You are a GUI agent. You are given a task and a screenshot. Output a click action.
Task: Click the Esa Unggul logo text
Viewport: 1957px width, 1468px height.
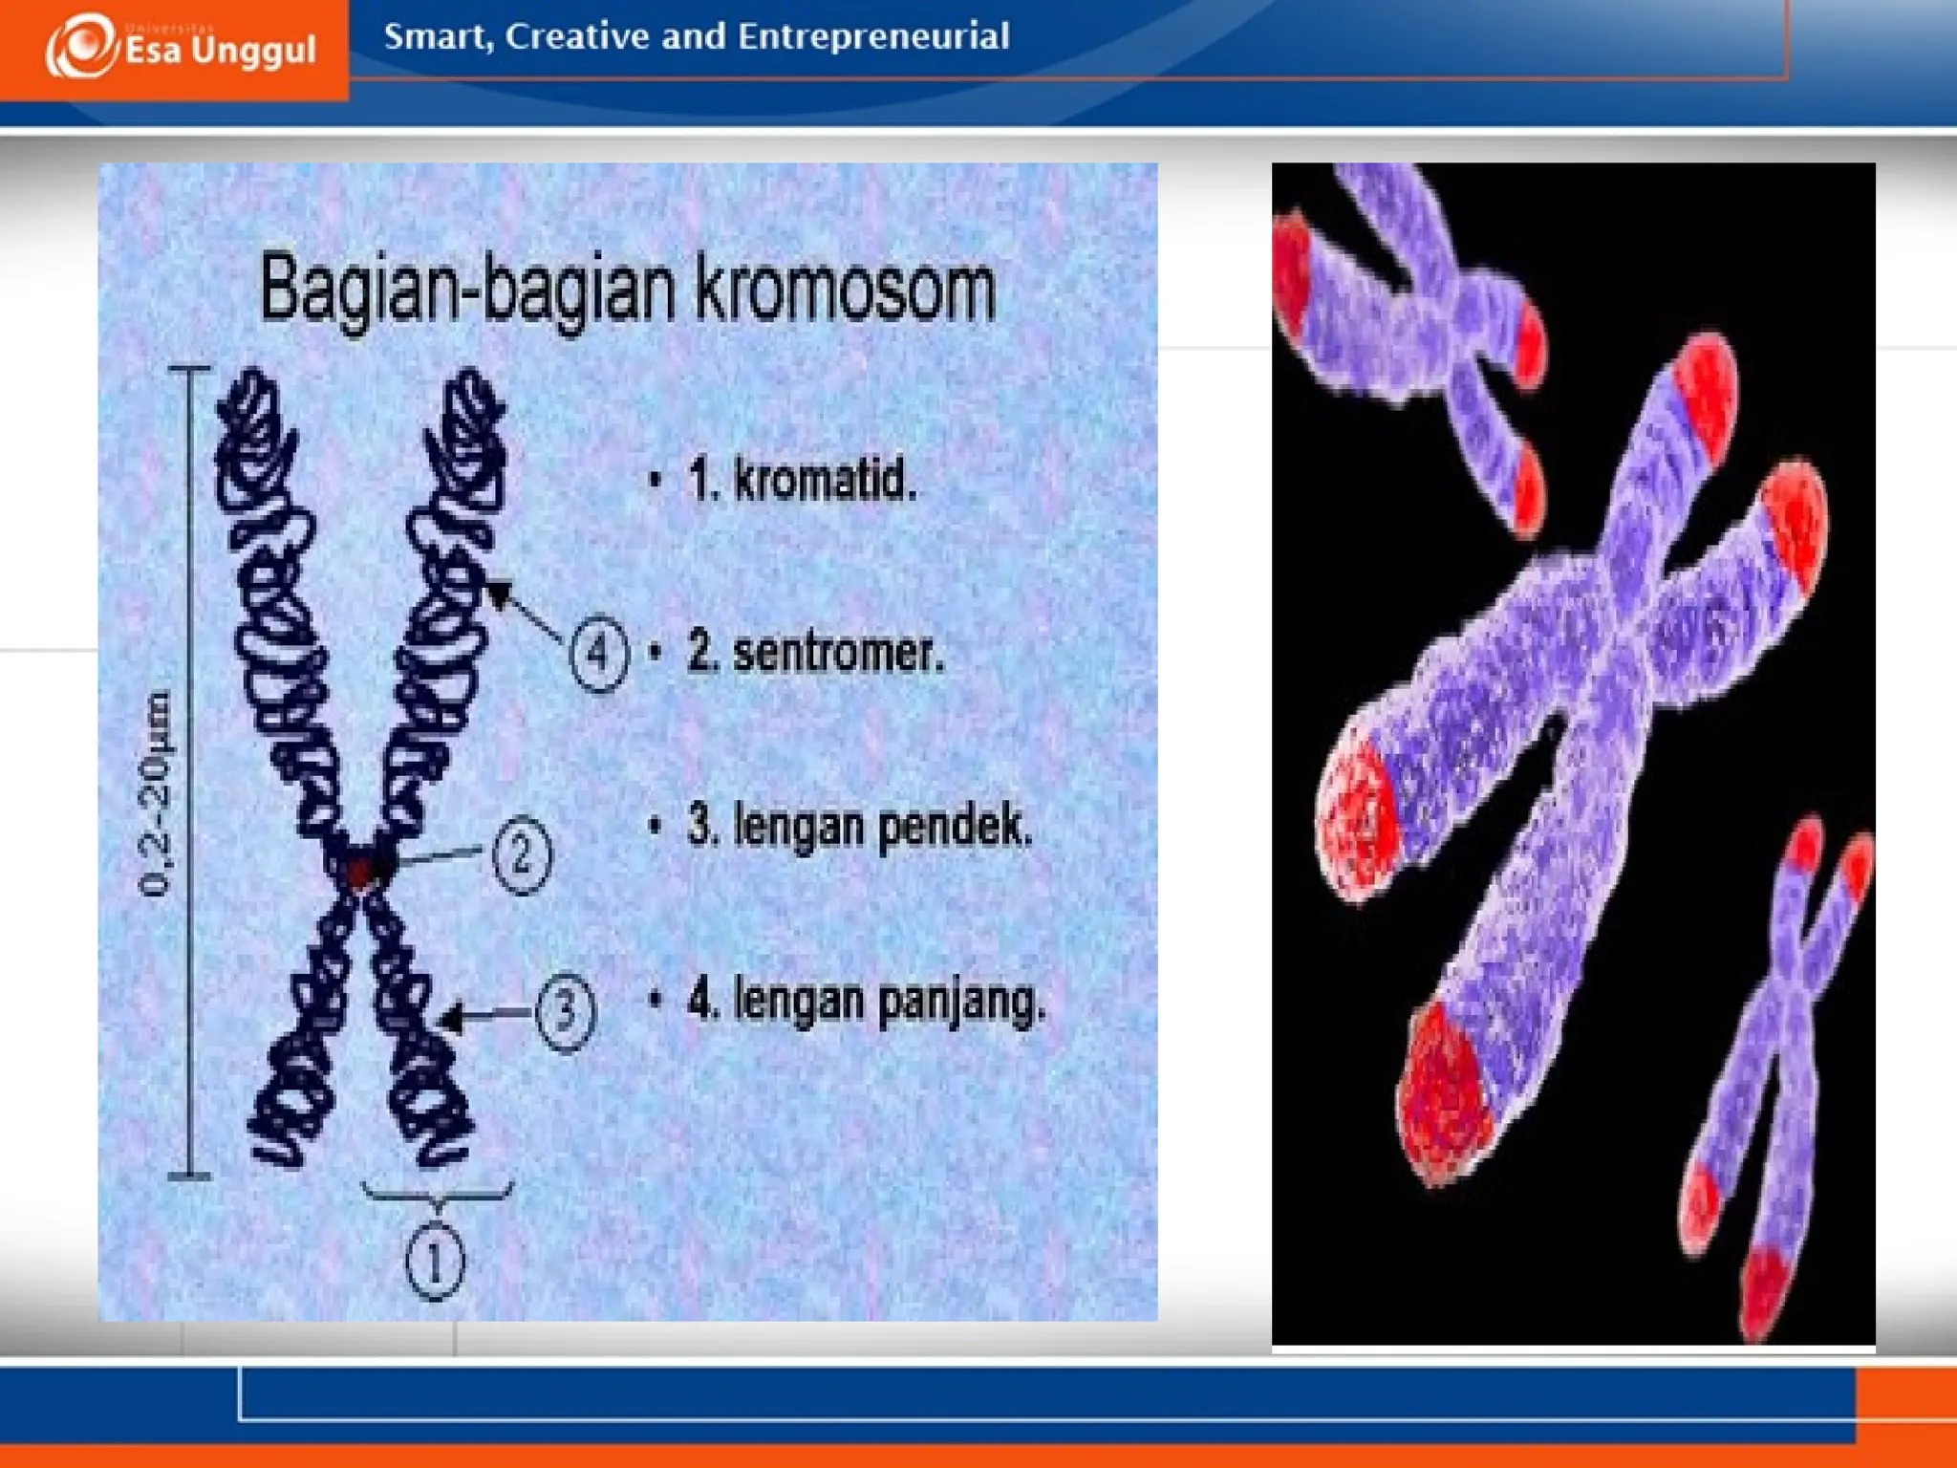[x=220, y=50]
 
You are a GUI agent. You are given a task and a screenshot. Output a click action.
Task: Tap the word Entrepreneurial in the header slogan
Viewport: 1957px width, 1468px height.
[x=872, y=36]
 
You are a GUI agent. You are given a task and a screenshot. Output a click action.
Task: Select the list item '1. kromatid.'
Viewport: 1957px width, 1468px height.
[x=801, y=480]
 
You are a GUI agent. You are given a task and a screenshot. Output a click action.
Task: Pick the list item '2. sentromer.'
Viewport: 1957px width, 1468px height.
[x=814, y=653]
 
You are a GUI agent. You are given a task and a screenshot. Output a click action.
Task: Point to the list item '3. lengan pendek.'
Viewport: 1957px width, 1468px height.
[x=858, y=826]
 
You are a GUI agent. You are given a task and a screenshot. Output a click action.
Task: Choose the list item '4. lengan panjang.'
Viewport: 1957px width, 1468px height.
[x=866, y=1001]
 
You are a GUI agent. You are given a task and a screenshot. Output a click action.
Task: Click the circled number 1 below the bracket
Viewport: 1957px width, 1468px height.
[x=435, y=1262]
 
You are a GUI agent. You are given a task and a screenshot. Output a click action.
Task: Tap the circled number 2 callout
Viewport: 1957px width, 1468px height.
[x=522, y=854]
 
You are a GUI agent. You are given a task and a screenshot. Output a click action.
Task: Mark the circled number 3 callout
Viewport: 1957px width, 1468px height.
[x=565, y=1011]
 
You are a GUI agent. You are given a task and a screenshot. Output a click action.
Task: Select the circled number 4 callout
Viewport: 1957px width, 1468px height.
[x=598, y=654]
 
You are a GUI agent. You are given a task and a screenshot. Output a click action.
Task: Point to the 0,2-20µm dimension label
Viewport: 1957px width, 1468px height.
[x=156, y=793]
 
